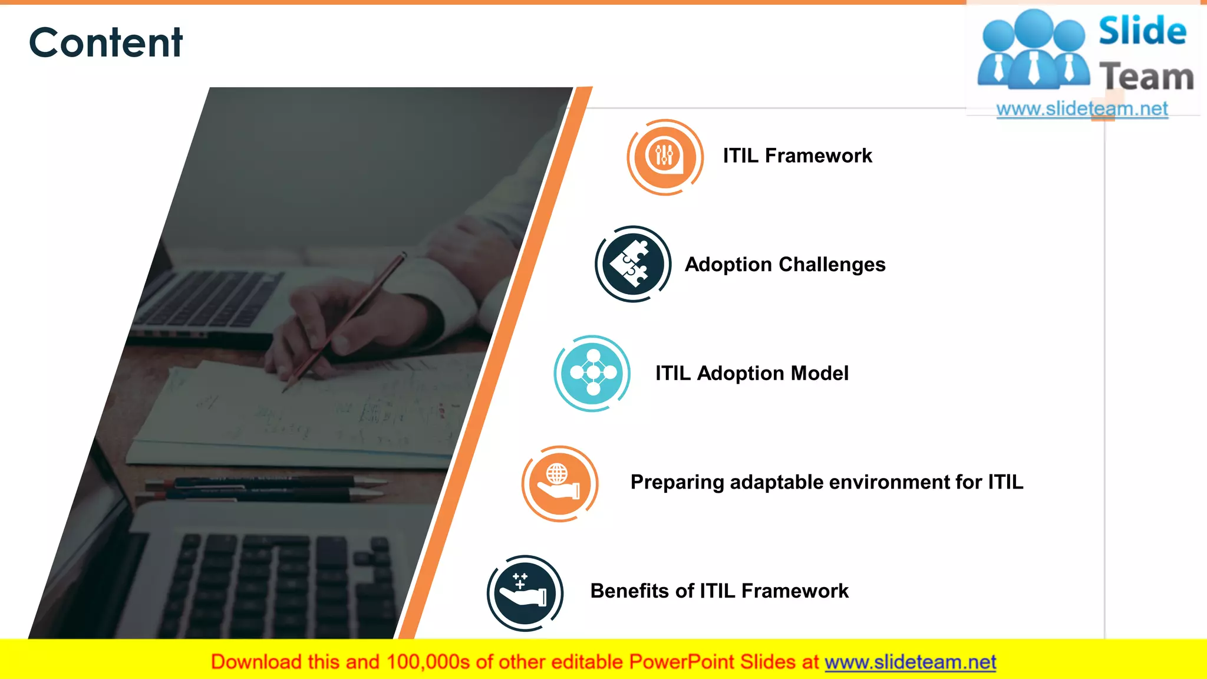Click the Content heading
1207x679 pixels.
[105, 42]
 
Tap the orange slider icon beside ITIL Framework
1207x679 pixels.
[665, 157]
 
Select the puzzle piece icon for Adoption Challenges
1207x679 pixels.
[632, 265]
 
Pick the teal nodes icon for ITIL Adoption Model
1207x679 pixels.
[592, 373]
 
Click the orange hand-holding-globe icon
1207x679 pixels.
[559, 483]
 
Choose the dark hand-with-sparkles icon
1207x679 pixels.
[525, 592]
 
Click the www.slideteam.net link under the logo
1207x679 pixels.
[1081, 109]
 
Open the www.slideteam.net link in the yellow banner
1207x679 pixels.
[910, 662]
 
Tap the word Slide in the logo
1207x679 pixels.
[1142, 31]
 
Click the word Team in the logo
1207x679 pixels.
[1146, 77]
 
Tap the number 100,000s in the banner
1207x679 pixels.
[428, 662]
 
